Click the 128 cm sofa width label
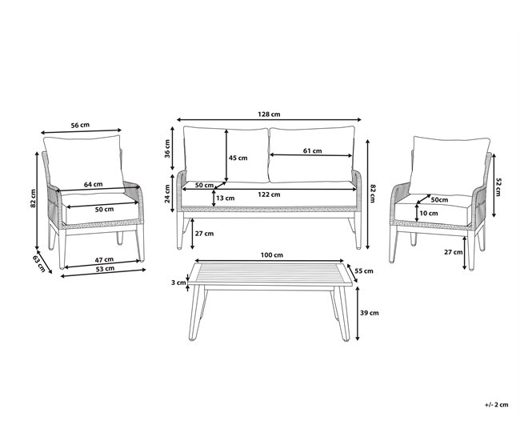point(269,114)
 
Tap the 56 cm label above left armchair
point(80,125)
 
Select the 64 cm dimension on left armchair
point(93,184)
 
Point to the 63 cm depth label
point(39,263)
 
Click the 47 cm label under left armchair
point(104,259)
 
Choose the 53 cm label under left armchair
point(105,269)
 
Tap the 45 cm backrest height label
point(238,158)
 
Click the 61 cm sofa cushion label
point(312,151)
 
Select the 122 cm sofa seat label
point(269,194)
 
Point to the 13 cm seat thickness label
point(225,198)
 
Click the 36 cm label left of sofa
point(167,149)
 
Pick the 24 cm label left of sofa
point(167,194)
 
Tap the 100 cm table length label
point(272,255)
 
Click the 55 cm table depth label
point(364,271)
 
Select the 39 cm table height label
point(370,313)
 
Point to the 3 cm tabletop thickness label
point(178,283)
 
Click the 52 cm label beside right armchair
point(498,187)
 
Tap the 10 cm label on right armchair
point(429,213)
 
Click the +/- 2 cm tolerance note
point(496,404)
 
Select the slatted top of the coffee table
point(270,274)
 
